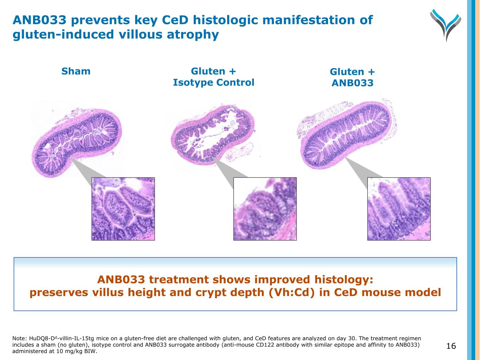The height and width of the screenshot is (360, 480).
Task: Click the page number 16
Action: click(451, 346)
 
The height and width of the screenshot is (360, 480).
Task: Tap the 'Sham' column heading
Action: click(76, 71)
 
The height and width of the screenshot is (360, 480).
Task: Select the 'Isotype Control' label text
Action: click(213, 83)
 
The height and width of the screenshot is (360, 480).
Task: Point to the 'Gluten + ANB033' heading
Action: click(352, 77)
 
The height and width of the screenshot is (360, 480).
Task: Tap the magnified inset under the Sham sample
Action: click(123, 209)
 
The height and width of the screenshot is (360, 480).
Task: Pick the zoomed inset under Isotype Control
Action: click(265, 209)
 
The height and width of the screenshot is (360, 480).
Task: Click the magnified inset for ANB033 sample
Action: click(399, 209)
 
